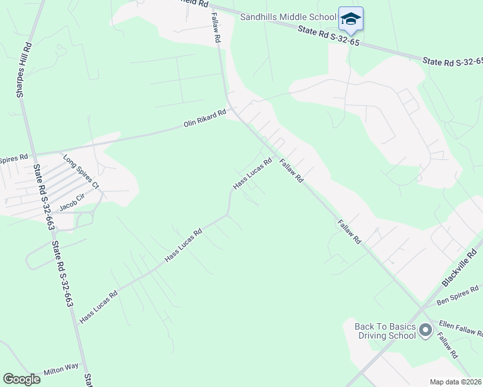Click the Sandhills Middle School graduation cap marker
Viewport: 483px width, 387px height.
[351, 18]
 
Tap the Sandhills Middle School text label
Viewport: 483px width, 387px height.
[288, 17]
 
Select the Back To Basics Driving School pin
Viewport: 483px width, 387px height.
[425, 331]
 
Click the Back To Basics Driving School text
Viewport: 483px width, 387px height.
[385, 331]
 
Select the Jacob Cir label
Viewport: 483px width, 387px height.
[72, 204]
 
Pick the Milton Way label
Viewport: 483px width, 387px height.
[61, 369]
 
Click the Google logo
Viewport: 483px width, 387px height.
[21, 379]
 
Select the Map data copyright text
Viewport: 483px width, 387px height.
[455, 382]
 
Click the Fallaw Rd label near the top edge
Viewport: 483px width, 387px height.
[216, 29]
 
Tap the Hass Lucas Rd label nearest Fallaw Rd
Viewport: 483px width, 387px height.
[252, 174]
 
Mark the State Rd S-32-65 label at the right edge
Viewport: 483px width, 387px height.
[453, 62]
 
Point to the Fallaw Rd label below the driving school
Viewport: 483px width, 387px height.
[447, 346]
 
